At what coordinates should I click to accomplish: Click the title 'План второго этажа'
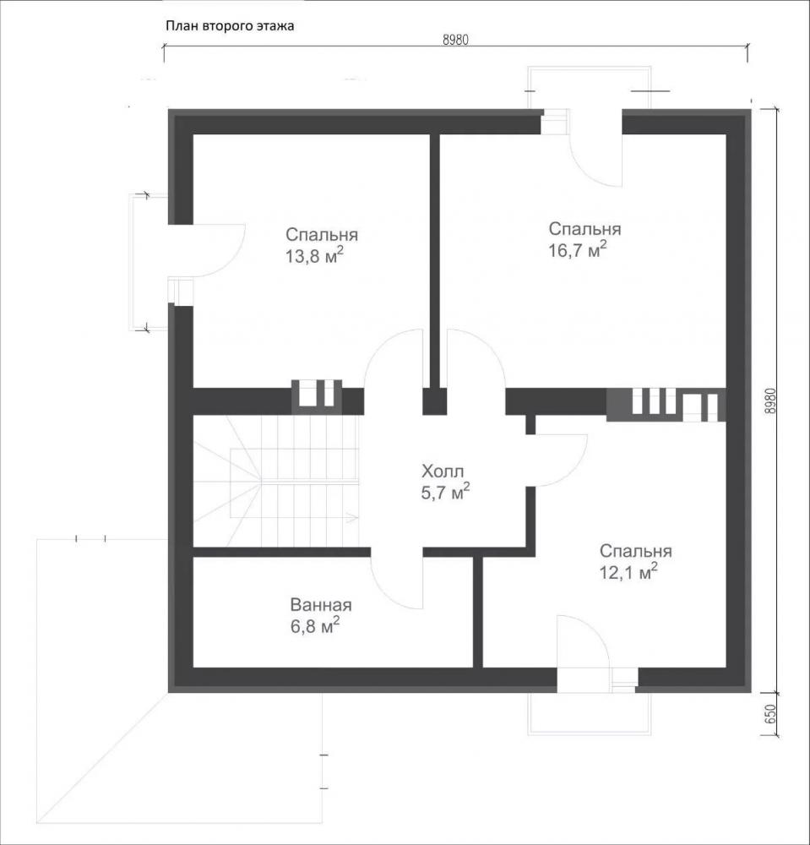click(x=230, y=26)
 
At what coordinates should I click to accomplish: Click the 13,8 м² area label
click(x=314, y=256)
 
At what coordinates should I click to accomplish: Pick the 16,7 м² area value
click(x=578, y=249)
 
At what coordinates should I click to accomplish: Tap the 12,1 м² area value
click(x=628, y=572)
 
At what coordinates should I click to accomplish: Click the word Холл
click(x=442, y=472)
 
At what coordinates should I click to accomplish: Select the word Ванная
click(x=321, y=605)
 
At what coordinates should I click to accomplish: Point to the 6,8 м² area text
click(x=314, y=625)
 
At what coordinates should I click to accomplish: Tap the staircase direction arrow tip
click(x=358, y=519)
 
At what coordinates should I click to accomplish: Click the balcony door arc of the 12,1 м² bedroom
click(x=592, y=629)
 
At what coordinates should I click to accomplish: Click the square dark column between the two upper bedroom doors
click(x=434, y=401)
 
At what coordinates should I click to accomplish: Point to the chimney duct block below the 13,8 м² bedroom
click(x=317, y=396)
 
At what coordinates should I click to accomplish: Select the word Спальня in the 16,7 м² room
click(x=584, y=229)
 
